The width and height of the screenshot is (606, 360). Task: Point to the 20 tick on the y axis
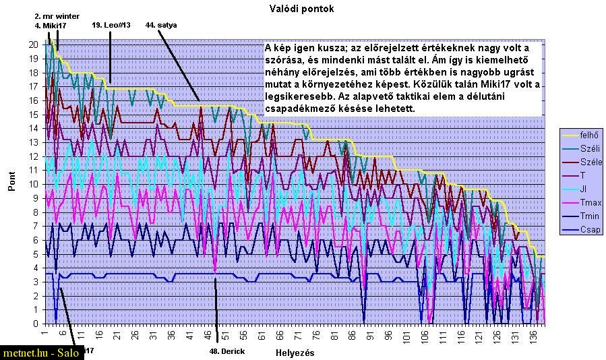pyautogui.click(x=33, y=44)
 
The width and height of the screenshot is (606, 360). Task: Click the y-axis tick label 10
pyautogui.click(x=33, y=184)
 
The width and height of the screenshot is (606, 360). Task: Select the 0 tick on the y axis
pyautogui.click(x=35, y=324)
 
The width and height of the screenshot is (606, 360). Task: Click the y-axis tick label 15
pyautogui.click(x=33, y=115)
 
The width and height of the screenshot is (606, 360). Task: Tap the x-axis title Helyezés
pyautogui.click(x=295, y=353)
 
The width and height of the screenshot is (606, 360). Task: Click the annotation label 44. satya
pyautogui.click(x=162, y=24)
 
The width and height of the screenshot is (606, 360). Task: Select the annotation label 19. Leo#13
pyautogui.click(x=111, y=24)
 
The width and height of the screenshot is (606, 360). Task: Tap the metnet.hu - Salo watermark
pyautogui.click(x=40, y=353)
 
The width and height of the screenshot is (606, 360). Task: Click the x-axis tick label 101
pyautogui.click(x=406, y=336)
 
